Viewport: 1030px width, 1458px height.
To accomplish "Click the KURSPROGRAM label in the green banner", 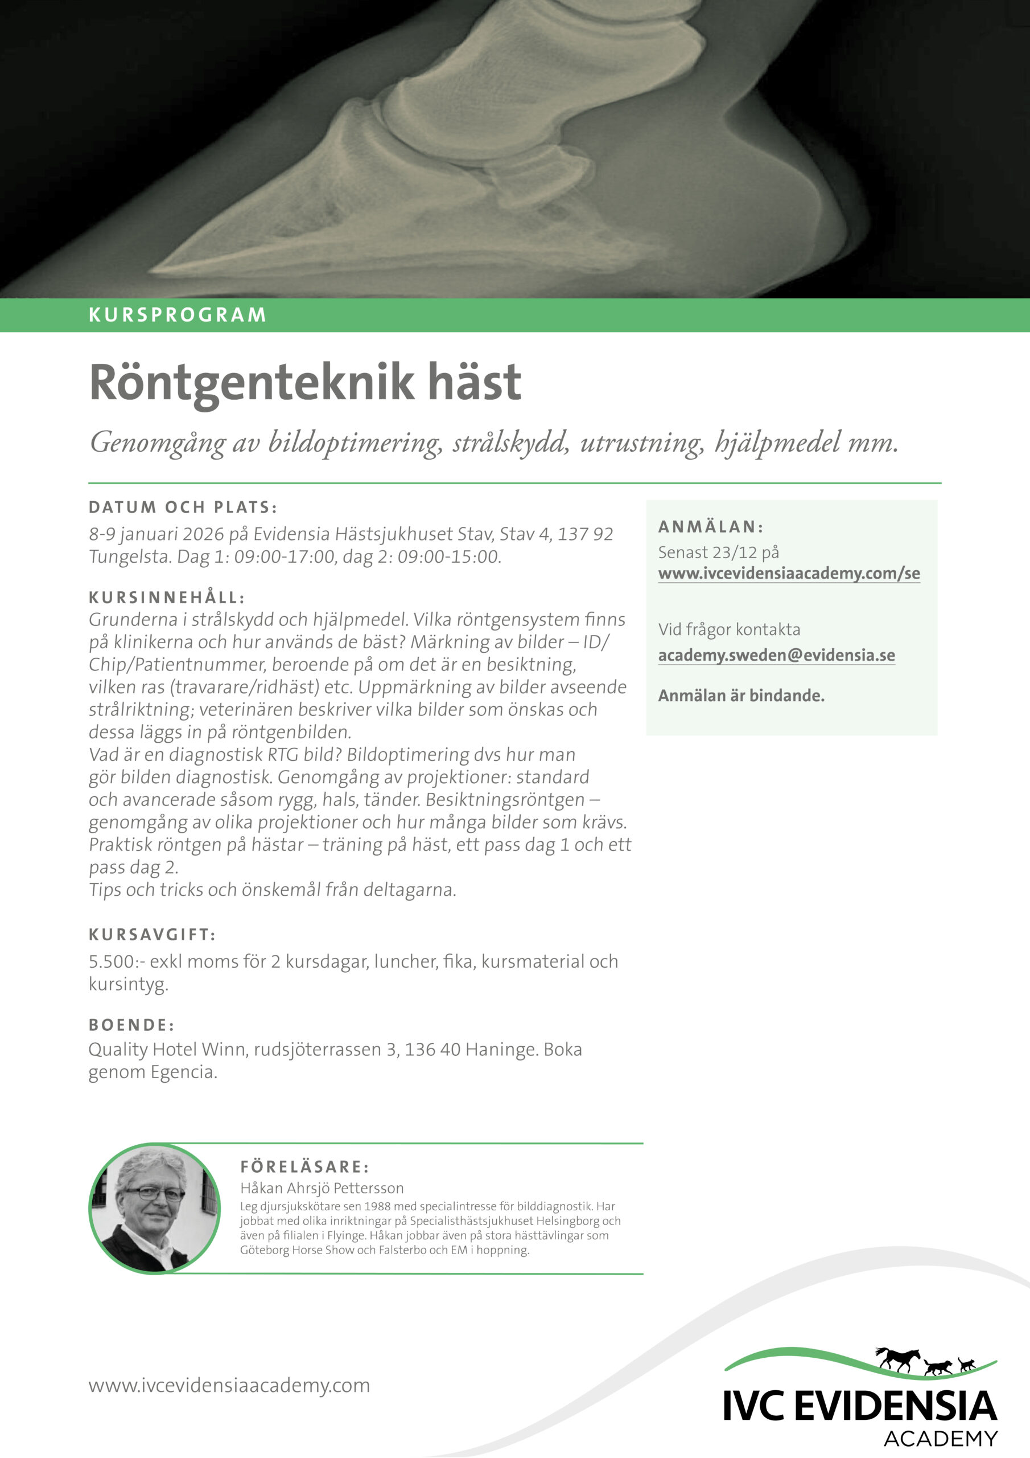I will tap(177, 315).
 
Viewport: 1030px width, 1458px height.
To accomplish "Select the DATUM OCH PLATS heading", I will tap(183, 507).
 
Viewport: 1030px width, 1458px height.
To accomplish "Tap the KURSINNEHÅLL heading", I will tap(166, 597).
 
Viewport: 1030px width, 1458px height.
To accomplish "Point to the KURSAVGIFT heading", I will tap(153, 935).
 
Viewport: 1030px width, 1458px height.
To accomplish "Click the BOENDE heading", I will tap(131, 1025).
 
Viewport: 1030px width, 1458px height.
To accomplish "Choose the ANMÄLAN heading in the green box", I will tap(710, 527).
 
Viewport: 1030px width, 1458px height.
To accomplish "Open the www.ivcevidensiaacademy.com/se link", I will tap(788, 574).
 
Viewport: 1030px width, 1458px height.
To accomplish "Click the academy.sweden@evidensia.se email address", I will tap(776, 656).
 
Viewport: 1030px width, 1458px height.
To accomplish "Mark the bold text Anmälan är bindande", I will tap(740, 695).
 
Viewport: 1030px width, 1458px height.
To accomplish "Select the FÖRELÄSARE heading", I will tap(304, 1166).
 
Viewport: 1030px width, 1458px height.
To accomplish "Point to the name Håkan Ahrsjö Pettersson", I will tap(321, 1188).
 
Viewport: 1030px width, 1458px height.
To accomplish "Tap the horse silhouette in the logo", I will tap(898, 1377).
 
